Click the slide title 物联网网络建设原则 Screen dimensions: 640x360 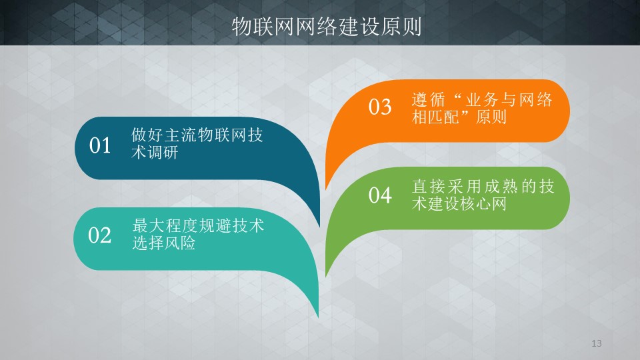[x=327, y=27]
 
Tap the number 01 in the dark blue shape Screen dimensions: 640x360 [x=100, y=145]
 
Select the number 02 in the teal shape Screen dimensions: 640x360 [x=99, y=235]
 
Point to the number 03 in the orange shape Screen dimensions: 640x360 [x=380, y=107]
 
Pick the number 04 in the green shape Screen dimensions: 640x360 [x=380, y=195]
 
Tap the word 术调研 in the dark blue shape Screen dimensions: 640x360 [x=155, y=153]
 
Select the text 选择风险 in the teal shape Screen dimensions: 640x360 [x=164, y=243]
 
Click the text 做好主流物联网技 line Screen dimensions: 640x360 [x=197, y=135]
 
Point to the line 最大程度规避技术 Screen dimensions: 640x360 [x=198, y=225]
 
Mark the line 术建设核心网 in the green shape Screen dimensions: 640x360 [x=459, y=204]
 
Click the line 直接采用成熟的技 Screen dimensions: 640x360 [x=483, y=187]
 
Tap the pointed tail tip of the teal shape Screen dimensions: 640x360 [x=319, y=317]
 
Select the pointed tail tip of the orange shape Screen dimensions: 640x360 [x=326, y=189]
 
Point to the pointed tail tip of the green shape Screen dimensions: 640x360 [x=326, y=277]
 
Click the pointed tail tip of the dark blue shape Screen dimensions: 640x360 [x=319, y=227]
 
